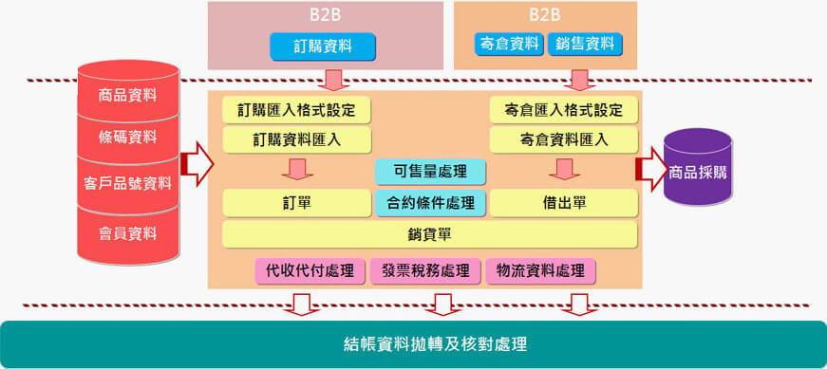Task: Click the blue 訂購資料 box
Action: click(x=323, y=46)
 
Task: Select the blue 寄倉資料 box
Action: click(x=508, y=44)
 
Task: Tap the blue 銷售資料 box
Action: click(x=584, y=44)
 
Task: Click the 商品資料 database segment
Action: click(x=128, y=95)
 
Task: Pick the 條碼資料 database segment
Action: click(x=128, y=138)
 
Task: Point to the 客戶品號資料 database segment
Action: click(x=128, y=184)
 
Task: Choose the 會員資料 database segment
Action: click(x=128, y=232)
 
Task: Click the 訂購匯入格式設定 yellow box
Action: click(x=296, y=109)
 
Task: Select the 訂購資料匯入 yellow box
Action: click(x=296, y=140)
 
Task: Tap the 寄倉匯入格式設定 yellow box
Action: click(x=564, y=109)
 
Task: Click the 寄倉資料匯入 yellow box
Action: click(x=564, y=140)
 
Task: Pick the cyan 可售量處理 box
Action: click(x=430, y=172)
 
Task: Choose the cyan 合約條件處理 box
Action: click(x=430, y=202)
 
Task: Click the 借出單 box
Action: click(x=564, y=202)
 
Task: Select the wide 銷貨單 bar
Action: click(x=429, y=233)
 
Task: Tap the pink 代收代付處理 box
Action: click(x=310, y=271)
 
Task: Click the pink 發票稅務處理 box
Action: click(x=425, y=271)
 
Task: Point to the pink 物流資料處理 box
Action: click(x=540, y=271)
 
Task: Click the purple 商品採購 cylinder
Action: click(x=698, y=173)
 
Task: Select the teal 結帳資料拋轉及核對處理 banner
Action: click(x=413, y=343)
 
